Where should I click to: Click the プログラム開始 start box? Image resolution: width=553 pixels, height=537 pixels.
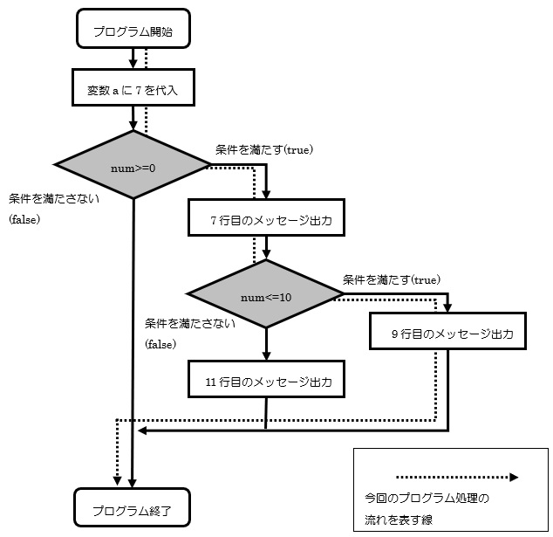point(133,32)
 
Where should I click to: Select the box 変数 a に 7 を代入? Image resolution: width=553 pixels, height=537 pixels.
point(133,88)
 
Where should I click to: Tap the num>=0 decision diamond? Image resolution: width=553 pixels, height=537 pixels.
point(133,164)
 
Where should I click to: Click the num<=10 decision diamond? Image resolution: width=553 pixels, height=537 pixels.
point(265,297)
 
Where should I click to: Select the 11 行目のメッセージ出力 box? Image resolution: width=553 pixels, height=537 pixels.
point(265,382)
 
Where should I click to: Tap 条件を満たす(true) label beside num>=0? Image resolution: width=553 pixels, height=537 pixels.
point(264,149)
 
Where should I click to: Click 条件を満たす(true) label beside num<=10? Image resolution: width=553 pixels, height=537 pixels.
point(392,279)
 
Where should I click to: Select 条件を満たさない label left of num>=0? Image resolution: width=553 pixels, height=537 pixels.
point(53,199)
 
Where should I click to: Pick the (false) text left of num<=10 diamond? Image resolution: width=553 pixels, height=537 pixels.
point(160,345)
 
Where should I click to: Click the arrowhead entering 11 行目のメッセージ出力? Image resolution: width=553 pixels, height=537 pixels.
point(265,357)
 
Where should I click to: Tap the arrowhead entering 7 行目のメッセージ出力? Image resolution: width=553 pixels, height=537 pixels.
point(265,195)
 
